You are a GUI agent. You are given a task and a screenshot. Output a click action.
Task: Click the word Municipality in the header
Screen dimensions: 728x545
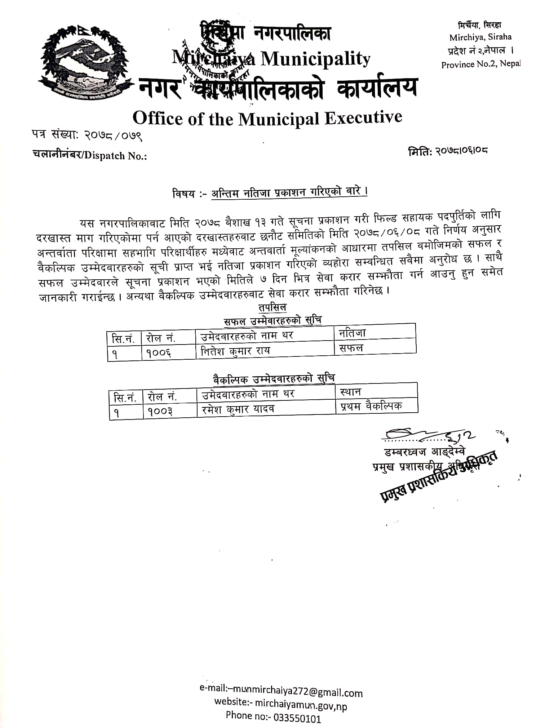tap(315, 59)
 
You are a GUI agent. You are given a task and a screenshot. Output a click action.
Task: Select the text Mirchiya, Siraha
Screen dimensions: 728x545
tap(480, 37)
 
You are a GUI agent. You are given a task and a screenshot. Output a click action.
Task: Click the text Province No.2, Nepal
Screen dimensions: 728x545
tap(481, 65)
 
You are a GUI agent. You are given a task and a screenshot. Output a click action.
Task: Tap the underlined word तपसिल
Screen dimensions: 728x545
tap(272, 307)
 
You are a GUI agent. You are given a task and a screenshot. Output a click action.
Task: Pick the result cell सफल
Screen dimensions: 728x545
tap(351, 349)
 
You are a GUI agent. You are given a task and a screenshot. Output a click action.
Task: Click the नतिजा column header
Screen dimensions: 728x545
tap(352, 333)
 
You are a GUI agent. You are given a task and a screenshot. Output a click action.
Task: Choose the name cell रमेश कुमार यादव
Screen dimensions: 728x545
tap(238, 409)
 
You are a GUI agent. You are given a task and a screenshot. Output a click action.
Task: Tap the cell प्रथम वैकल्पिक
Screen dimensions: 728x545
tap(371, 406)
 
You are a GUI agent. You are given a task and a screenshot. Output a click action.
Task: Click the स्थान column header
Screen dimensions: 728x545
tap(350, 392)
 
